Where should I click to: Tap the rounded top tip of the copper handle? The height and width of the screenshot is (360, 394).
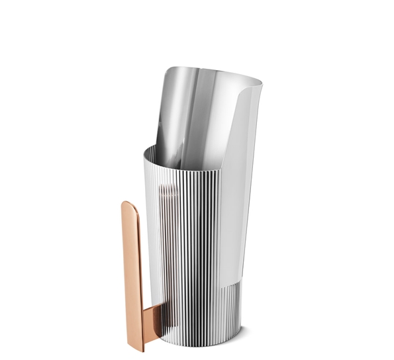pyautogui.click(x=128, y=204)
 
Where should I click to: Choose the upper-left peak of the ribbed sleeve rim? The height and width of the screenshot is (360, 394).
pyautogui.click(x=145, y=150)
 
